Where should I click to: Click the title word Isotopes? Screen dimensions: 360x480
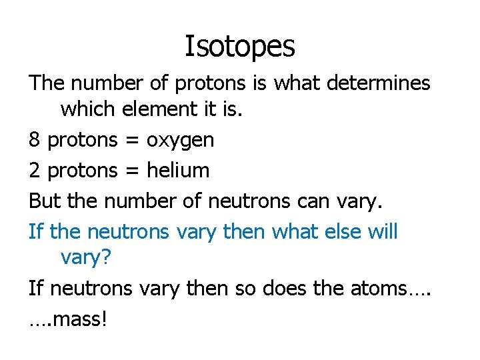[239, 46]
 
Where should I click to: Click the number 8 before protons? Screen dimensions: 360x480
[34, 139]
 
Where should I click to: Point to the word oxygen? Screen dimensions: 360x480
[180, 140]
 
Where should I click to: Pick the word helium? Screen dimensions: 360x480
[178, 170]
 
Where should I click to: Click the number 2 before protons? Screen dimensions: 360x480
[34, 170]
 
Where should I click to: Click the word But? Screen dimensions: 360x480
[45, 201]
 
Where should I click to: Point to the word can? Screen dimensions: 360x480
[315, 201]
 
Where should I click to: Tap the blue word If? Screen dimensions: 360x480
[36, 231]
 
